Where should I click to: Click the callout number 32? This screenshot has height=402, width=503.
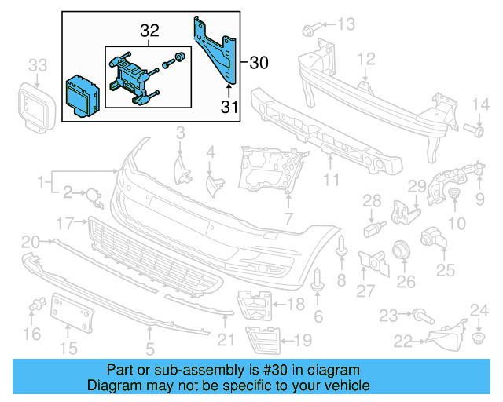149,31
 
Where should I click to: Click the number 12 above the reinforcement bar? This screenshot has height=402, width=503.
367,60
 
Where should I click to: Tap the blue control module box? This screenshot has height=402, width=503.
83,93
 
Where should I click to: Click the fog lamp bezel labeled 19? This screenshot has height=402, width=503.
259,338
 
